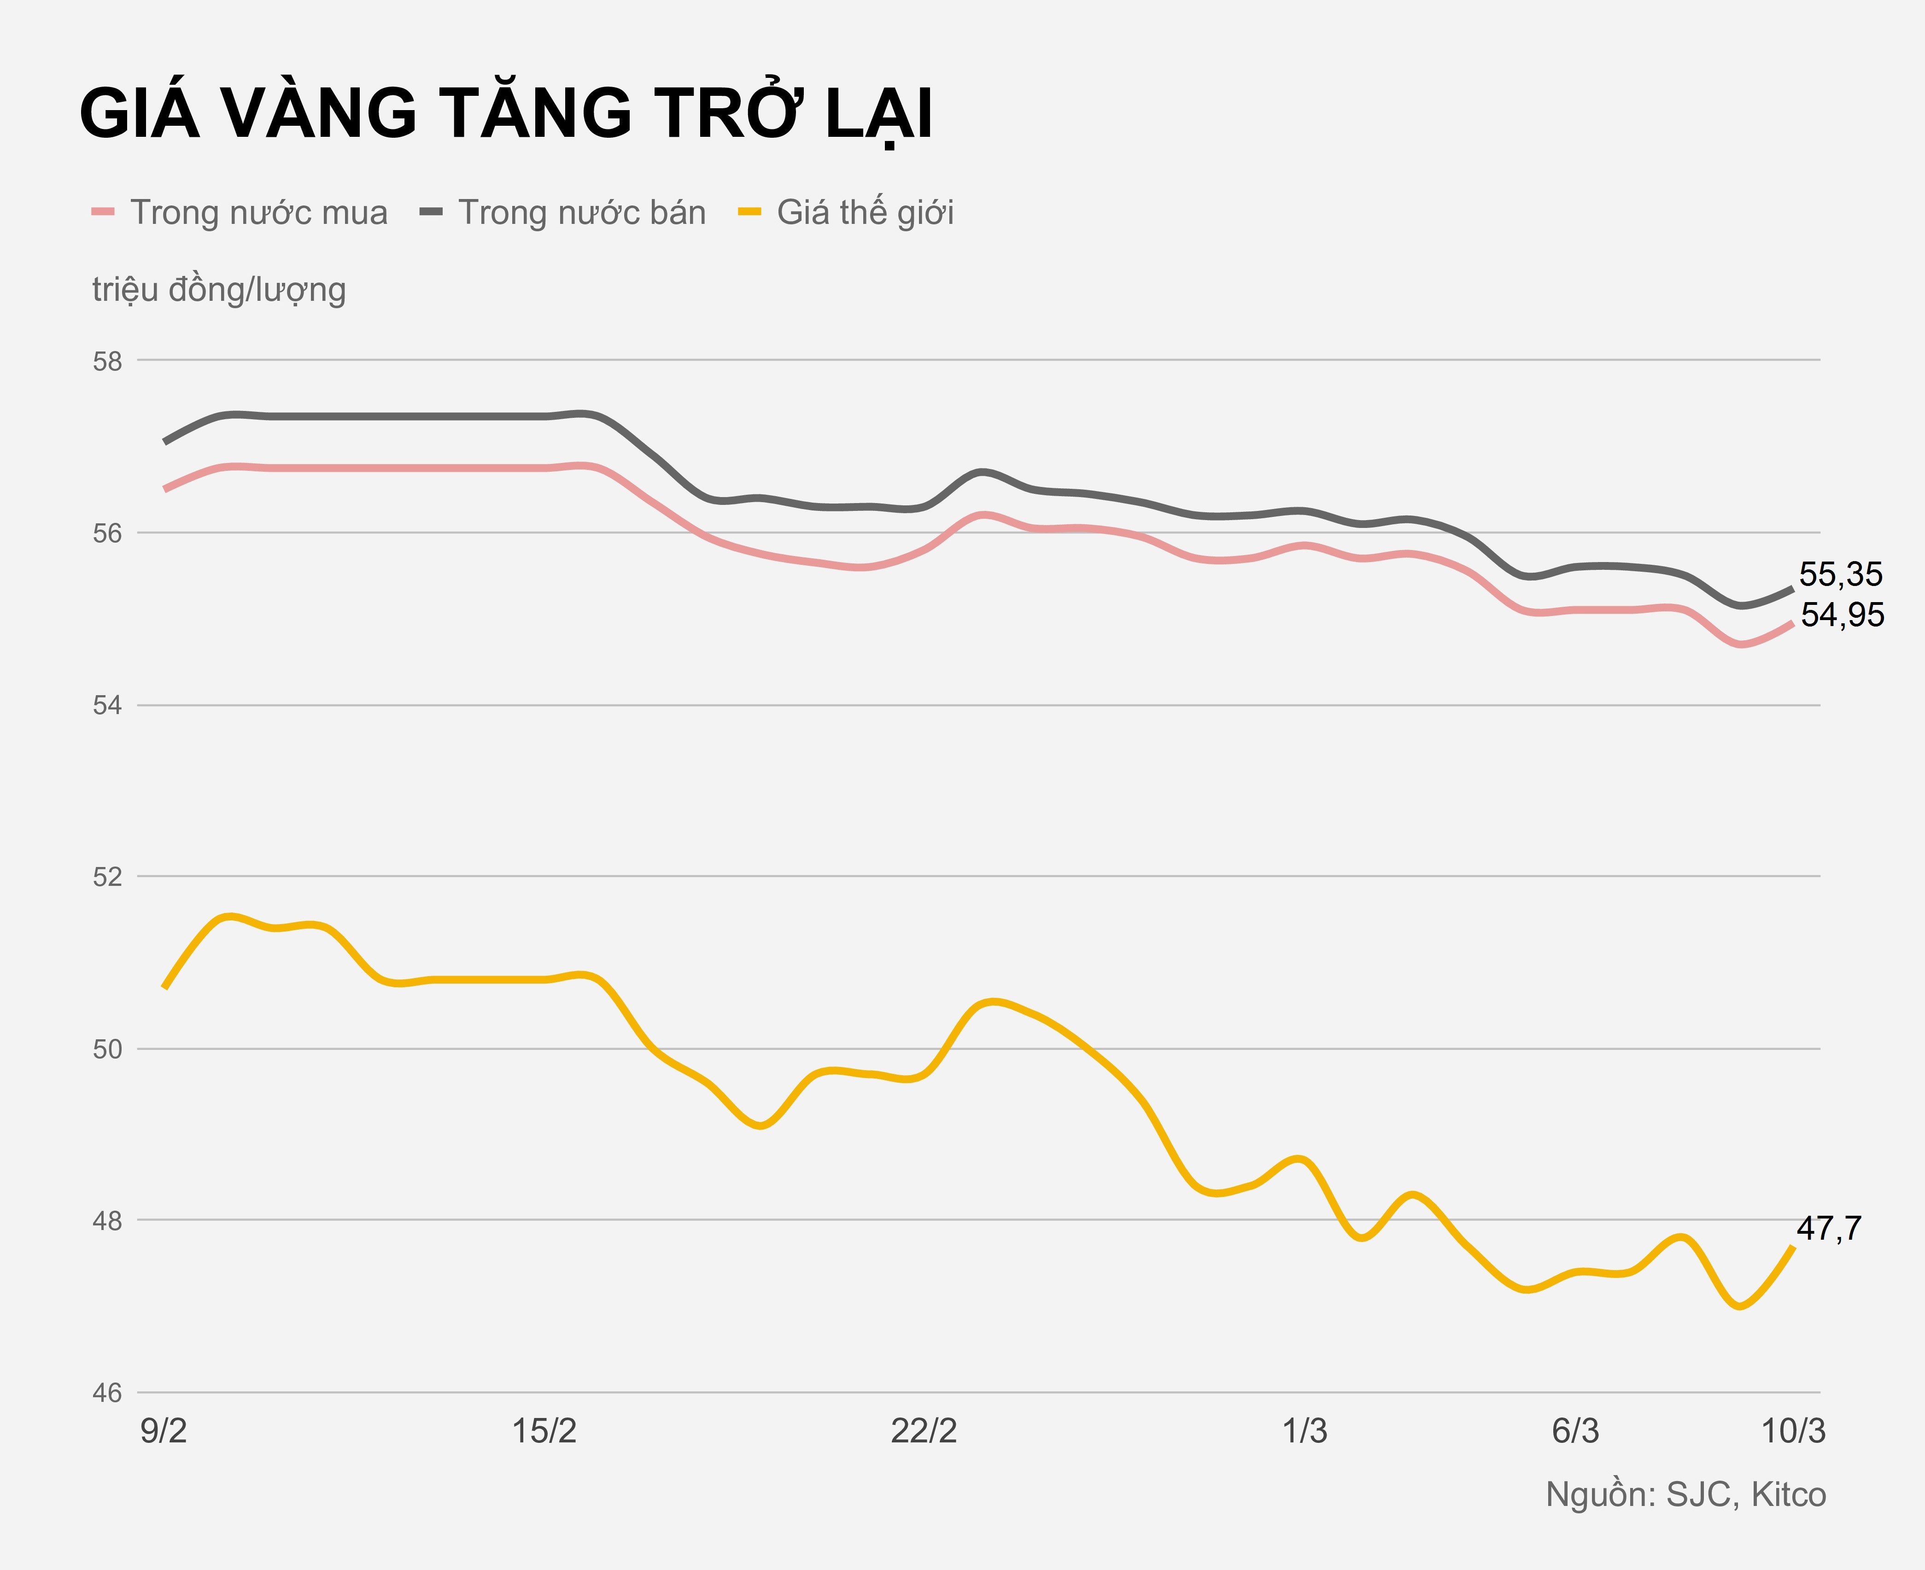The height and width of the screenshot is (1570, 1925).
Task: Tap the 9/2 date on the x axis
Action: (x=164, y=1432)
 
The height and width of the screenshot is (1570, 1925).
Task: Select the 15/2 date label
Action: (x=544, y=1432)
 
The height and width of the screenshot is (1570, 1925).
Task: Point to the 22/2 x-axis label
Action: (x=924, y=1432)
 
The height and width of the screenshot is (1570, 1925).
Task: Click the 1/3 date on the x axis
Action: (x=1305, y=1432)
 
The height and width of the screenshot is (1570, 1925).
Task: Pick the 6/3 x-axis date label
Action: (x=1575, y=1432)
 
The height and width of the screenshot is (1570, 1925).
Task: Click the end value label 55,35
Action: (x=1840, y=574)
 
